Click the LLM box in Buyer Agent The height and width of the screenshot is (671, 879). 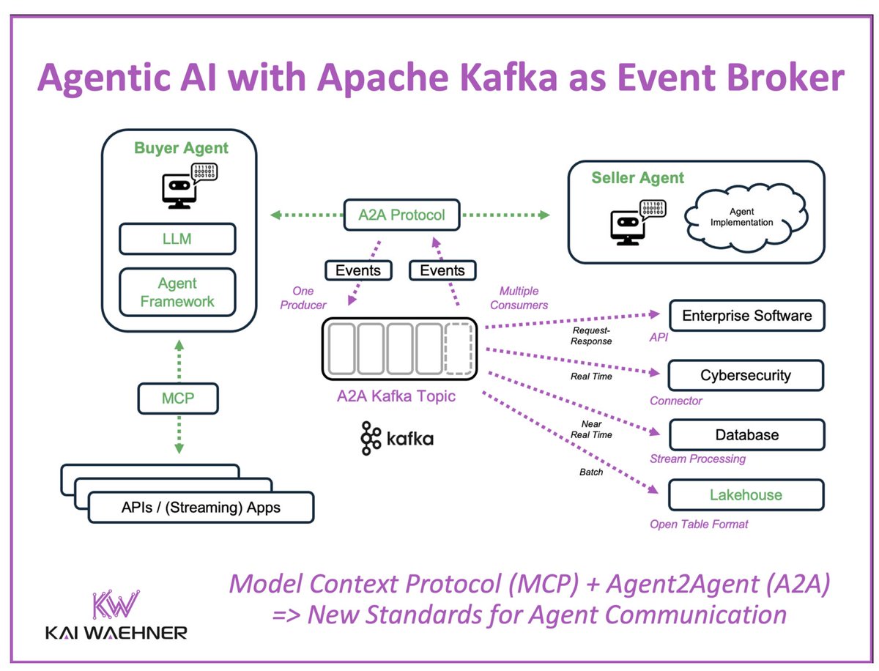click(x=177, y=239)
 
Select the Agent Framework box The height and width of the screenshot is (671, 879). click(x=177, y=292)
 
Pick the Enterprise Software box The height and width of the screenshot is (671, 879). click(x=746, y=316)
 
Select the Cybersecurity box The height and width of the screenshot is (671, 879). click(x=746, y=375)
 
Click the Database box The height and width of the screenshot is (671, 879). click(x=746, y=434)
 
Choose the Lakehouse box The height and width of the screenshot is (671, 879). click(x=746, y=494)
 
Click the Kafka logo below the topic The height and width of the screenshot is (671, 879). click(x=396, y=438)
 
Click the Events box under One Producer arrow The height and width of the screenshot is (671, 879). click(x=358, y=270)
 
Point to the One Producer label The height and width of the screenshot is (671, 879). click(x=303, y=297)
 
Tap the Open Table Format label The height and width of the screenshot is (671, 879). click(x=699, y=524)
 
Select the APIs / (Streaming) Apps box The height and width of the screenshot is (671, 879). click(x=201, y=507)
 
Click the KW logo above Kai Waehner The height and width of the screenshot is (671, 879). click(x=115, y=605)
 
